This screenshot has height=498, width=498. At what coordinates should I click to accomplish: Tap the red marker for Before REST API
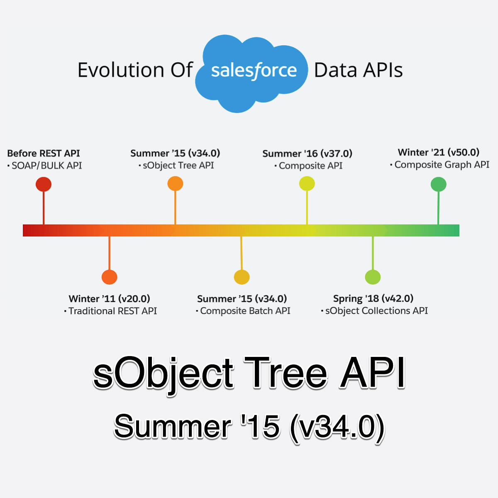point(44,184)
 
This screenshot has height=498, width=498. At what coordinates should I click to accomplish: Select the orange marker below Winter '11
point(109,277)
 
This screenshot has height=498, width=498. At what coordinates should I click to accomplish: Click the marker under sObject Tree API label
point(175,183)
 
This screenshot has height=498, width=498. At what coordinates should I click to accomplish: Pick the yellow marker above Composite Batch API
point(242,277)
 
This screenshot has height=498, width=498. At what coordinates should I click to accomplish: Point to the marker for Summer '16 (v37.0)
point(307,183)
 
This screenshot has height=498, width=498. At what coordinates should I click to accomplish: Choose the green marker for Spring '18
point(373,277)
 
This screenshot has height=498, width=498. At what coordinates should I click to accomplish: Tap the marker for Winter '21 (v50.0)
point(438,184)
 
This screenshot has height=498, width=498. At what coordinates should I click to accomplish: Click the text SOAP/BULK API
point(46,166)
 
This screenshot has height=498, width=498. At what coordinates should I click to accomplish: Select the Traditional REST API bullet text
point(112,311)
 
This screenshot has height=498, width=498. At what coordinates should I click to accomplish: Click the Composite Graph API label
point(442,165)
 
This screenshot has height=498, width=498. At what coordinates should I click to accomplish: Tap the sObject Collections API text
point(376,311)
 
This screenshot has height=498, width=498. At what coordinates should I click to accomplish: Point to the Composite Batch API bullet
point(245,311)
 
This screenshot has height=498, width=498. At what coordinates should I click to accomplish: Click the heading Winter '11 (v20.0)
point(109,299)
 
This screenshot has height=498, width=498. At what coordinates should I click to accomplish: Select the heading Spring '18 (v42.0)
point(373,298)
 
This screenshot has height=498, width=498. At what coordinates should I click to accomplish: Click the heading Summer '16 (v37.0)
point(307,154)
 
